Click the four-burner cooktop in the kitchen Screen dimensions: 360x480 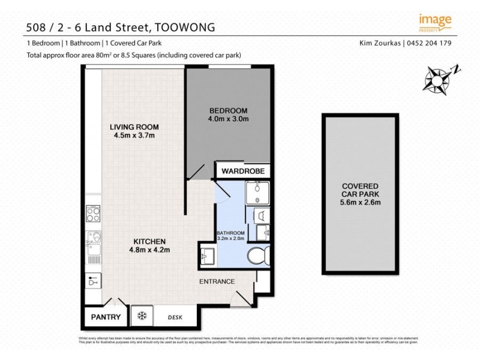(x=94, y=213)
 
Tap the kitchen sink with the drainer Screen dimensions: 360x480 (x=94, y=243)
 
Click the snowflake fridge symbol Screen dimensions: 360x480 (x=143, y=316)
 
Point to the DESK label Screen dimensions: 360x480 (x=175, y=317)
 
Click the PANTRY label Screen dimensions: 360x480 (x=106, y=317)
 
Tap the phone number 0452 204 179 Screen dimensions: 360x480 (x=430, y=43)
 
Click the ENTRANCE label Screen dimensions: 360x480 (x=217, y=281)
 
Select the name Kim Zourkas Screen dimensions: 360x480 (x=380, y=43)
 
